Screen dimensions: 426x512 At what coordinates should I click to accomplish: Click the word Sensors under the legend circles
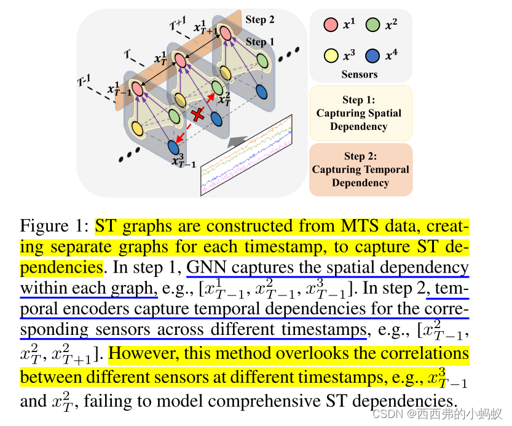tap(360, 74)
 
